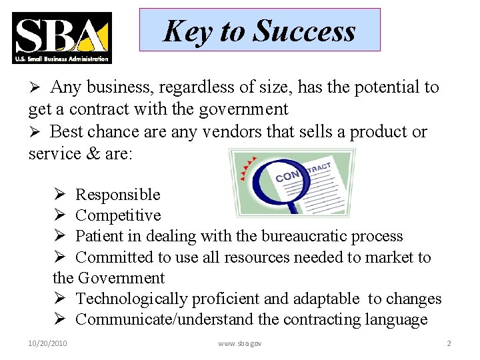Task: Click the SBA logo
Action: click(61, 38)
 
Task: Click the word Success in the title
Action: click(305, 31)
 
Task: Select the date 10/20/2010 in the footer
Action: click(48, 343)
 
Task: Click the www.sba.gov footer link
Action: click(240, 343)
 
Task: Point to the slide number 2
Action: click(449, 343)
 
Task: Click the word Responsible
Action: click(118, 195)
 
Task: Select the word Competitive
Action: click(118, 215)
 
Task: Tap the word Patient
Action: click(99, 236)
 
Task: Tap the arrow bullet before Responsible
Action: click(59, 195)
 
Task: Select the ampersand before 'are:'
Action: click(93, 153)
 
